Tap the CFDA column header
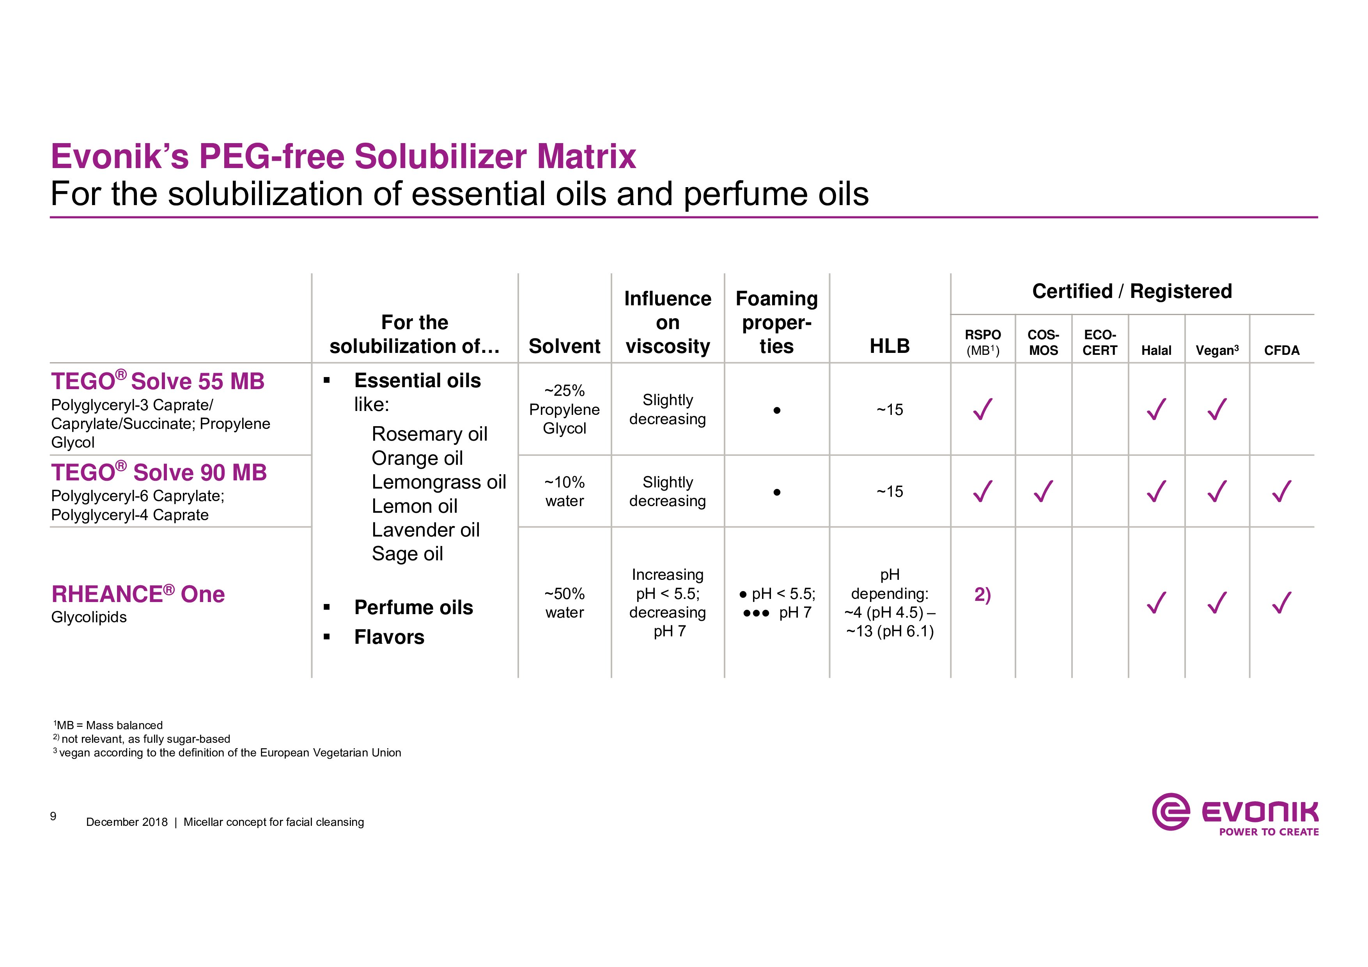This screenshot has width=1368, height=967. tap(1281, 350)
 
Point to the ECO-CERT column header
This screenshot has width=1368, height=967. tap(1100, 343)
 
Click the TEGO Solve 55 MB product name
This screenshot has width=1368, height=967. tap(158, 381)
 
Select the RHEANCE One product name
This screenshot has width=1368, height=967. tap(138, 594)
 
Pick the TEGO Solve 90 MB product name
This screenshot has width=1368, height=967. tap(159, 472)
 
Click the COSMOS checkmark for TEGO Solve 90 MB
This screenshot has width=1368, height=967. tap(1043, 492)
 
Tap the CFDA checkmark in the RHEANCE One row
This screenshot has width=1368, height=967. tap(1281, 602)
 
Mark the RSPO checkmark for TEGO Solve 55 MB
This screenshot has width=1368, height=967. tap(982, 409)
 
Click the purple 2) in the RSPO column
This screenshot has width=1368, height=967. tap(982, 595)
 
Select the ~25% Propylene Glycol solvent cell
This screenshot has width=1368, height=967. tap(564, 409)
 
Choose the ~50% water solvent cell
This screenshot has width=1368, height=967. tap(564, 603)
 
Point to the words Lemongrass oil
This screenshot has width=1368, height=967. tap(439, 482)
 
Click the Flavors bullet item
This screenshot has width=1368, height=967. tap(389, 637)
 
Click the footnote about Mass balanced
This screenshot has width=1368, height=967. tap(108, 725)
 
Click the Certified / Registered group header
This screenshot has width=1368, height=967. tap(1132, 291)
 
